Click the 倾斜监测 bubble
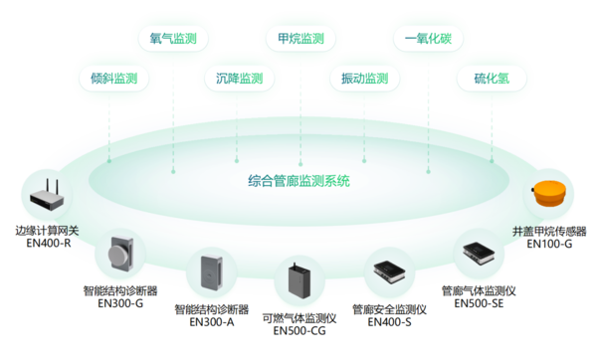point(112,79)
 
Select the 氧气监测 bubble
point(172,40)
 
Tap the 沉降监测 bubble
point(239,79)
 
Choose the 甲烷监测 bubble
point(299,40)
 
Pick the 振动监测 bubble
point(364,79)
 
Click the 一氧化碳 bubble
point(428,40)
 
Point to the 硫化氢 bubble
point(491,79)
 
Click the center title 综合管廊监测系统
point(298,182)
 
